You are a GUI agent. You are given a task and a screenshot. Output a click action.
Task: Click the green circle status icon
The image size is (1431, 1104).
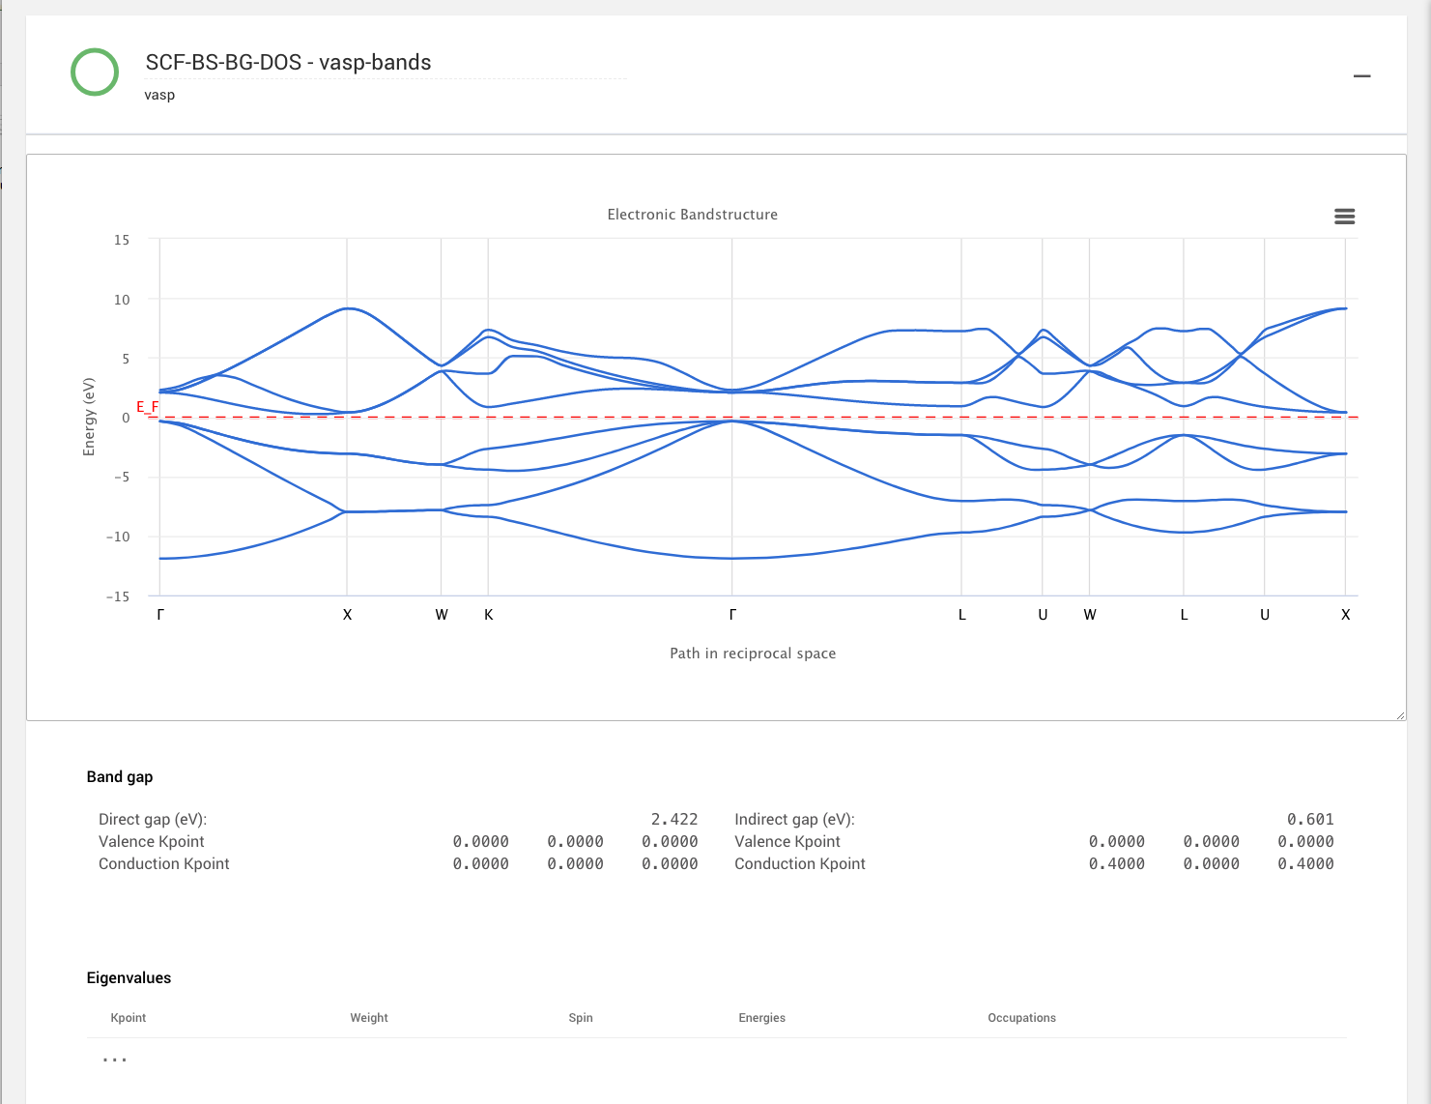pyautogui.click(x=95, y=73)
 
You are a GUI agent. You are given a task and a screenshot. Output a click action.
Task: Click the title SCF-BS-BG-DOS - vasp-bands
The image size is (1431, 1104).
pyautogui.click(x=288, y=63)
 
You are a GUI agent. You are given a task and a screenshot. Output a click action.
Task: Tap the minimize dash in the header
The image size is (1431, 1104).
pyautogui.click(x=1361, y=76)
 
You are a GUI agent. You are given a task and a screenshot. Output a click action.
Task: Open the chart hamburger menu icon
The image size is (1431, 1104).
pyautogui.click(x=1344, y=217)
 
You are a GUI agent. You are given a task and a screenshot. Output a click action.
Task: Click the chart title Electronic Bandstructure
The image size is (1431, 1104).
pyautogui.click(x=692, y=215)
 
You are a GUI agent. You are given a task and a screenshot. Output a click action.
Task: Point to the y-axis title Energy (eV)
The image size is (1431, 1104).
pyautogui.click(x=89, y=417)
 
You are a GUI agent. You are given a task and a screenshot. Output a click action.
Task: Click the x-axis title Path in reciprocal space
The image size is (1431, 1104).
pyautogui.click(x=753, y=654)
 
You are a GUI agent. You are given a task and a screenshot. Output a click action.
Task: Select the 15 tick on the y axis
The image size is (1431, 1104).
pyautogui.click(x=121, y=240)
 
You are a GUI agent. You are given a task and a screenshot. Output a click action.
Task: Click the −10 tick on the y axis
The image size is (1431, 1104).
pyautogui.click(x=118, y=537)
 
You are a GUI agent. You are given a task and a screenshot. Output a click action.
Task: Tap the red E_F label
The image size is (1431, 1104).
pyautogui.click(x=147, y=407)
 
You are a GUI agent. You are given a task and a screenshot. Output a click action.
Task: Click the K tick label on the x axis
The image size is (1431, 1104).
pyautogui.click(x=489, y=615)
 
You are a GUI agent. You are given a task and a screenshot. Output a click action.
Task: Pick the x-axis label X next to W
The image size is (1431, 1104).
pyautogui.click(x=348, y=615)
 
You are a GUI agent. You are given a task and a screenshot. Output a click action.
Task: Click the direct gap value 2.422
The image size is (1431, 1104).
pyautogui.click(x=673, y=820)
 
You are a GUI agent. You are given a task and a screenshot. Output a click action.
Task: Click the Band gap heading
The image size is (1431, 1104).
pyautogui.click(x=120, y=777)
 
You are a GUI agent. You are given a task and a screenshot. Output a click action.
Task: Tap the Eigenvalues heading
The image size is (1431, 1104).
pyautogui.click(x=129, y=978)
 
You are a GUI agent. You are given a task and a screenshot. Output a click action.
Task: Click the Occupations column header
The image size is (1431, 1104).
pyautogui.click(x=1021, y=1018)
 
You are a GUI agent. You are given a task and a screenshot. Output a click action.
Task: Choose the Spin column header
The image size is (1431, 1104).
pyautogui.click(x=581, y=1018)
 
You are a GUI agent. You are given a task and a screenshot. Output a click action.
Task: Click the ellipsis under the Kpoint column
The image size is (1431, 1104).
pyautogui.click(x=115, y=1060)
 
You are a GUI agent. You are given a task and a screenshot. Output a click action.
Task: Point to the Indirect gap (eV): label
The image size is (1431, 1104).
pyautogui.click(x=794, y=820)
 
